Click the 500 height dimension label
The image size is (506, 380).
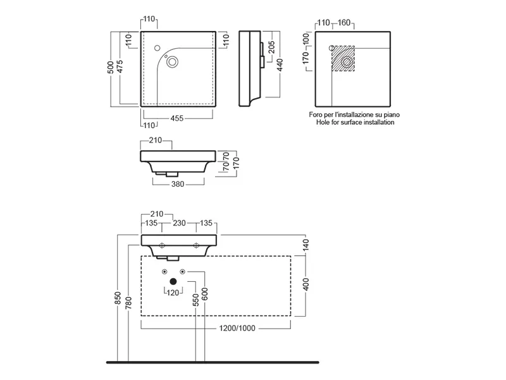tap(111, 68)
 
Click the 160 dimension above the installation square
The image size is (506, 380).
tap(344, 23)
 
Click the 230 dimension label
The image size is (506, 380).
tap(179, 223)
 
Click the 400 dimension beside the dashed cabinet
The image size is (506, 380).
tap(307, 286)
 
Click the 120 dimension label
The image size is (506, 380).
tap(173, 293)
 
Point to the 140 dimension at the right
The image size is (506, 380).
tap(307, 245)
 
